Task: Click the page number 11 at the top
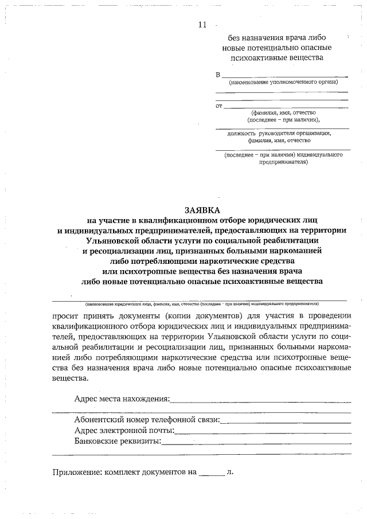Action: click(x=201, y=25)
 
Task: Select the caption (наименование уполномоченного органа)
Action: click(x=281, y=83)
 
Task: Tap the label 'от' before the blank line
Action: click(x=218, y=106)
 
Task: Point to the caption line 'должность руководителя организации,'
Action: click(x=279, y=133)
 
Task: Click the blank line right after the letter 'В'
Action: click(x=284, y=76)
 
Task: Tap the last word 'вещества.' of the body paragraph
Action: click(x=71, y=378)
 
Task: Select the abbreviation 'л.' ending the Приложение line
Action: click(x=230, y=473)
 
